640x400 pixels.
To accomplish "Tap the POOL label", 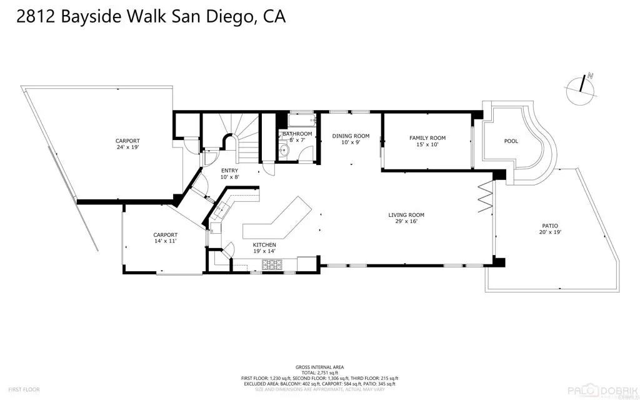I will [x=511, y=141].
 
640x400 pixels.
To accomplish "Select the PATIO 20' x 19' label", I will [x=550, y=229].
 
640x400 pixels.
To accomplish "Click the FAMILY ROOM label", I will [x=427, y=141].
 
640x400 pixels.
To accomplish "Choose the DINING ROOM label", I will [x=351, y=139].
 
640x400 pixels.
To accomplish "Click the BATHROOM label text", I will [x=297, y=134].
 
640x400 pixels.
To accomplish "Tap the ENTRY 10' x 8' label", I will [x=229, y=173].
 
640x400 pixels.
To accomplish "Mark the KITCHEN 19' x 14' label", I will [x=264, y=247].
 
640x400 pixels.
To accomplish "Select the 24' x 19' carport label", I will [x=127, y=144].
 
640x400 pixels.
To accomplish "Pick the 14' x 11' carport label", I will [x=166, y=238].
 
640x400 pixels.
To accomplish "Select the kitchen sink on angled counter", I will [x=219, y=211].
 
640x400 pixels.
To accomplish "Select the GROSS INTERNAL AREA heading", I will [x=319, y=367].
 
